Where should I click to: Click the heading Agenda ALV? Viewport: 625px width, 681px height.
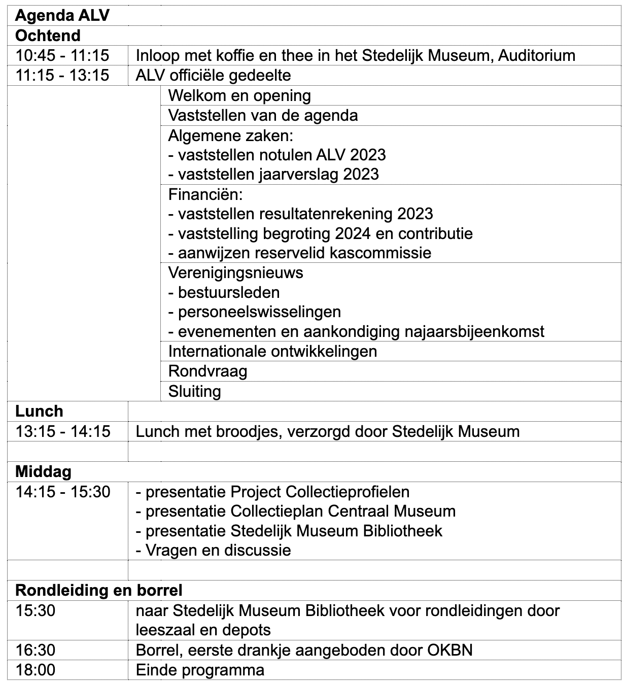click(x=62, y=16)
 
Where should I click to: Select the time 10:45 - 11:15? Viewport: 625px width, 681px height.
click(x=62, y=56)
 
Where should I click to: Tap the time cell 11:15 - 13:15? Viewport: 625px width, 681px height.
click(x=62, y=76)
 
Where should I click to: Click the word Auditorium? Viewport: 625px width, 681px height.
click(x=537, y=56)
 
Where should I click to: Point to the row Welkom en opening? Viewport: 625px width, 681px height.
click(x=239, y=95)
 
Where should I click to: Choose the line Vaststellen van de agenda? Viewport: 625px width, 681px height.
click(x=263, y=115)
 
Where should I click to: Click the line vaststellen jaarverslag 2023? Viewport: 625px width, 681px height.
click(x=273, y=174)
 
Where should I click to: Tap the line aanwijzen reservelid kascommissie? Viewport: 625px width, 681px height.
click(x=299, y=253)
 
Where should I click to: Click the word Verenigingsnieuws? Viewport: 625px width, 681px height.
click(x=235, y=273)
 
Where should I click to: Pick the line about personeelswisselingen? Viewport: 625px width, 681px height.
click(x=254, y=312)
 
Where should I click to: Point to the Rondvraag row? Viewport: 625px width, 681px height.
click(x=207, y=371)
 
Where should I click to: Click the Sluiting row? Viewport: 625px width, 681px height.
click(x=194, y=391)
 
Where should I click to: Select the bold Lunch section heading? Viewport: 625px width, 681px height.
click(x=39, y=411)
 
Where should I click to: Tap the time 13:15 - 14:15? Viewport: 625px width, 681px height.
click(x=62, y=431)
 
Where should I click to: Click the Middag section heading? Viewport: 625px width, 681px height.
click(x=43, y=472)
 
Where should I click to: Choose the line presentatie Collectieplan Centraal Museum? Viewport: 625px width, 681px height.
click(x=295, y=511)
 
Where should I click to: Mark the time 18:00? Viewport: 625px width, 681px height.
click(x=35, y=670)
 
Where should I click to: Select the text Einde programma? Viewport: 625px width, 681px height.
click(x=200, y=670)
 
